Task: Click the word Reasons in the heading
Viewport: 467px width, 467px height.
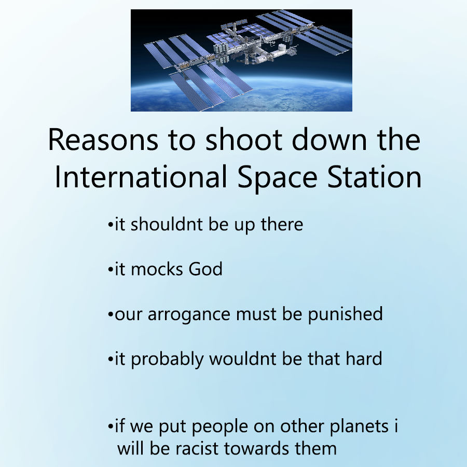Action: (x=103, y=140)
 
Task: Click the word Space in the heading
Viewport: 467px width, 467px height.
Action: (x=277, y=177)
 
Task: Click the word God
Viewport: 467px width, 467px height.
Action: (x=205, y=269)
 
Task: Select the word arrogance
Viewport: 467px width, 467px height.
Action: (x=189, y=315)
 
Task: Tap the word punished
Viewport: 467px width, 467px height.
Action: (x=345, y=314)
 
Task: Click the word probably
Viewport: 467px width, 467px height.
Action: (x=168, y=359)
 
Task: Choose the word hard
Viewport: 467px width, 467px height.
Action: (x=364, y=358)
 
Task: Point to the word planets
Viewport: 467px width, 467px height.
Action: (x=359, y=427)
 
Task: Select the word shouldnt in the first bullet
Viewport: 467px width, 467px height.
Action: (x=167, y=224)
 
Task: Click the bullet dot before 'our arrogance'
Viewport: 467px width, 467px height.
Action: (x=111, y=314)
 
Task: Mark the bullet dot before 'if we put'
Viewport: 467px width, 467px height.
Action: (x=111, y=427)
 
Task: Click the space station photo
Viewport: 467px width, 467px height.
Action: (x=241, y=61)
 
